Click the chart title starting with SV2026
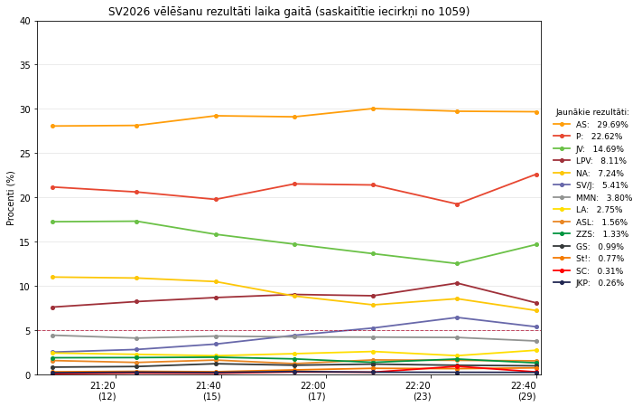tap(289, 12)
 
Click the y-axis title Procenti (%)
tap(10, 198)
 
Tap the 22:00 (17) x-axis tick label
tap(317, 391)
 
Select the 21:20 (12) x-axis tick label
tap(107, 391)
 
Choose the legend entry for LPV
tap(590, 161)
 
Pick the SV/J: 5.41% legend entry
tap(591, 185)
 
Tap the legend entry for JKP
tap(589, 283)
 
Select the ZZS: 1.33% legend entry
tap(591, 234)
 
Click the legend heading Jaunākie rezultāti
tap(592, 112)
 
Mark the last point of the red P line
tap(536, 175)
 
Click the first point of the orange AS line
tap(52, 126)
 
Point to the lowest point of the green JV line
tap(457, 264)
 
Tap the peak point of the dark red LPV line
tap(457, 283)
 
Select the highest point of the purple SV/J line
tap(457, 317)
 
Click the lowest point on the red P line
tap(457, 204)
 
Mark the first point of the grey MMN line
tap(52, 336)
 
